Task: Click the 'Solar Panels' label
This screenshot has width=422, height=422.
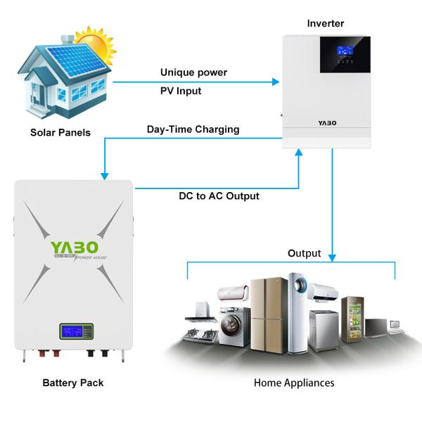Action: pos(60,132)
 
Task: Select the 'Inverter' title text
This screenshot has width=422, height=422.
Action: pos(326,23)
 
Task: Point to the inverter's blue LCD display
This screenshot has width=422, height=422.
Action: pos(345,51)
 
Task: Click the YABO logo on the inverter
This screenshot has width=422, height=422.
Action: pos(327,122)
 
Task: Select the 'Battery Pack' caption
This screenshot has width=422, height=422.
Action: pos(73,383)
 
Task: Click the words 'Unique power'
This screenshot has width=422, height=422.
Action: pos(193,72)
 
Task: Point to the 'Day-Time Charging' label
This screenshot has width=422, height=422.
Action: pos(193,129)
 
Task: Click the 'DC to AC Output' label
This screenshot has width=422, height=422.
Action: pos(219,196)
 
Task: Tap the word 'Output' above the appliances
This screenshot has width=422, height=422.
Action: pos(304,253)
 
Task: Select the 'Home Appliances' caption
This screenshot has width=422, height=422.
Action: pos(294,383)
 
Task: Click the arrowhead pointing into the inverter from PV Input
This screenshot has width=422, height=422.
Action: pos(276,82)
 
